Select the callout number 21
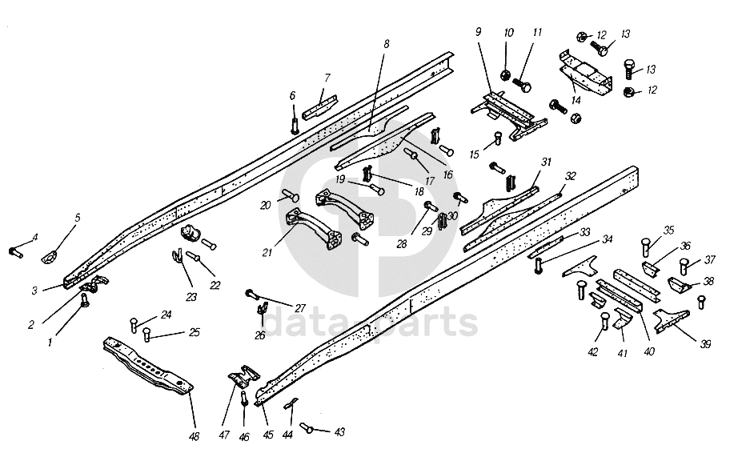click(268, 253)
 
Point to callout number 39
click(705, 344)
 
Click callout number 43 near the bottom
click(339, 432)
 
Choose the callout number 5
click(78, 218)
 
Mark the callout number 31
click(546, 162)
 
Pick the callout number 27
click(300, 307)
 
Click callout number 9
click(478, 33)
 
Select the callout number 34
click(608, 239)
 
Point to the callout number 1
click(50, 342)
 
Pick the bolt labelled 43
click(307, 427)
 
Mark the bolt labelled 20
click(291, 195)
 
